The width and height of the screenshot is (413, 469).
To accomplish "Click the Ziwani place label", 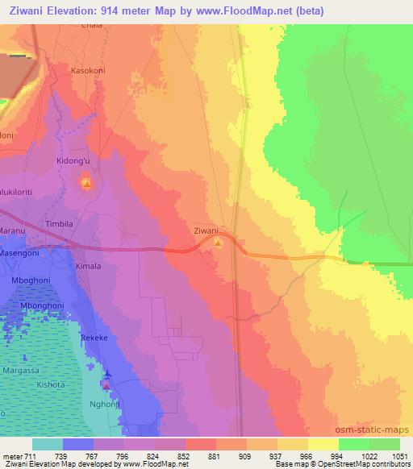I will tap(207, 230).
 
